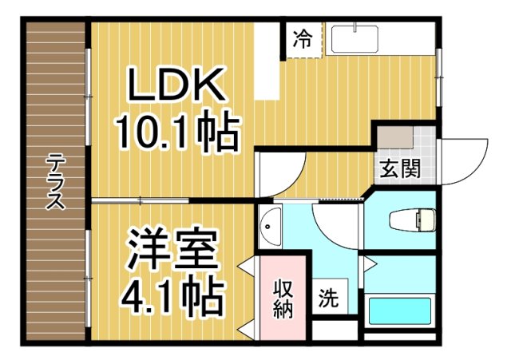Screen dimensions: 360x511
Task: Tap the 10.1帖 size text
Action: click(x=177, y=133)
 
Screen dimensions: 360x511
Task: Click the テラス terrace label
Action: click(x=54, y=181)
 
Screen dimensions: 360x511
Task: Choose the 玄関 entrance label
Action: click(x=399, y=169)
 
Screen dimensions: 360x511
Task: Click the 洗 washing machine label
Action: click(x=327, y=299)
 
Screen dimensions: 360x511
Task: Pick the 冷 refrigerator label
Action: click(x=303, y=37)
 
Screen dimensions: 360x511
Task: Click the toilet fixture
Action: click(x=411, y=219)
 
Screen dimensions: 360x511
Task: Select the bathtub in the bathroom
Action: click(x=400, y=309)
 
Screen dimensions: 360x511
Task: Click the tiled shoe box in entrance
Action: click(x=395, y=137)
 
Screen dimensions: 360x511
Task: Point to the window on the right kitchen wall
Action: click(x=438, y=77)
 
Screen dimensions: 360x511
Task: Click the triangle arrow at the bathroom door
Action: click(x=368, y=264)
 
